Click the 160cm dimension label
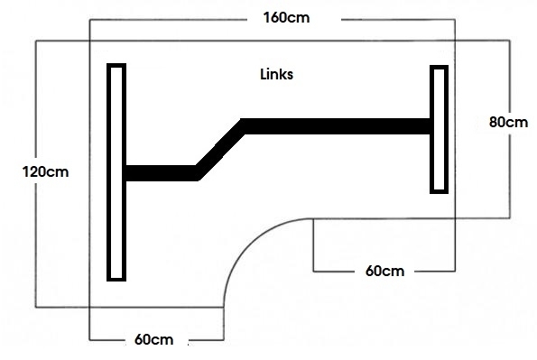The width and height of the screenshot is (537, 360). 283,18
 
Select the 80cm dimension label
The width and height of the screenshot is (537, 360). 507,122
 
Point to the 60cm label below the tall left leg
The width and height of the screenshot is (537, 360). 153,339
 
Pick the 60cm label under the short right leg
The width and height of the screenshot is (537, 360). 385,271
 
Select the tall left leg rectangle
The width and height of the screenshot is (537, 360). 116,171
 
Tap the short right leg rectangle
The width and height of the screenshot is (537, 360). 440,129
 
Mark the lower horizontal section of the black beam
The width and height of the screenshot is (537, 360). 161,172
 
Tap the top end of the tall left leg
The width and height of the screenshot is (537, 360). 116,67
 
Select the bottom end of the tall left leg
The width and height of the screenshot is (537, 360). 116,277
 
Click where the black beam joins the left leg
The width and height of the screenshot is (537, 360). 126,172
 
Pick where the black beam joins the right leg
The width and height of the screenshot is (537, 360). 430,126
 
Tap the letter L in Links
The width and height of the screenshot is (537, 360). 263,76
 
